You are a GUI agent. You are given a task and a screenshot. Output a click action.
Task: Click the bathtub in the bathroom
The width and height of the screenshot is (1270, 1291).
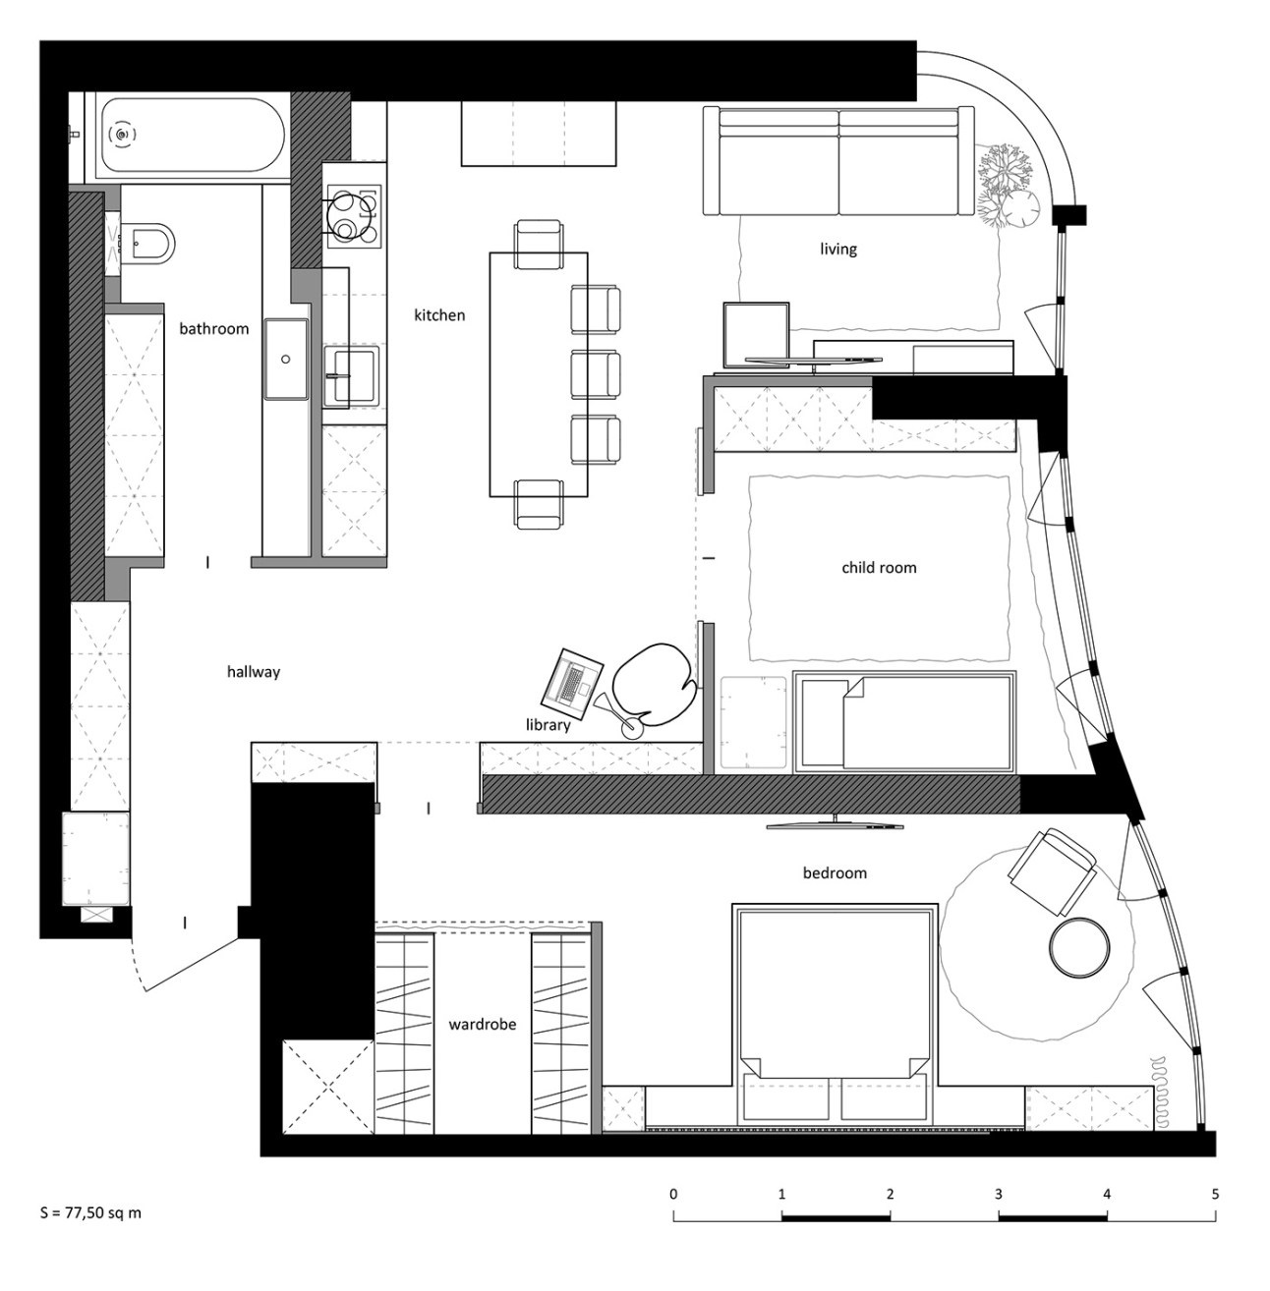[x=193, y=136]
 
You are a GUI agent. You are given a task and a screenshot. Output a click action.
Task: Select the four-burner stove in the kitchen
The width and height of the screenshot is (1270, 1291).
[x=353, y=214]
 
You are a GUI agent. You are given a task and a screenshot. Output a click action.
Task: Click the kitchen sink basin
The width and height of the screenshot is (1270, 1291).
[x=351, y=376]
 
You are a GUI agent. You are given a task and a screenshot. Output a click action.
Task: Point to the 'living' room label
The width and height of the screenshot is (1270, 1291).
[x=838, y=250]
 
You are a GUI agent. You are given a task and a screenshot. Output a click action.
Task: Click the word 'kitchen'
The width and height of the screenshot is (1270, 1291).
[x=439, y=314]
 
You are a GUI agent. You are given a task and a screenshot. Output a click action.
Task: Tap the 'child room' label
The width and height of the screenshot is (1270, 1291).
[x=879, y=568]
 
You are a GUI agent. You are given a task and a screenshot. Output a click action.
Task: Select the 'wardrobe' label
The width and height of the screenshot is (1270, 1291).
[x=482, y=1024]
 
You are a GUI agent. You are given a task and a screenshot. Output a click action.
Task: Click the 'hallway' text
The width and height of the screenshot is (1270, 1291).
[x=253, y=671]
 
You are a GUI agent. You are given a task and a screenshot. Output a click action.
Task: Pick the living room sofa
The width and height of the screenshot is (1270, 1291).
[x=838, y=161]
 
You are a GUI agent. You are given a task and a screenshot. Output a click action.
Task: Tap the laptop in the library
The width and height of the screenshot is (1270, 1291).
[x=572, y=684]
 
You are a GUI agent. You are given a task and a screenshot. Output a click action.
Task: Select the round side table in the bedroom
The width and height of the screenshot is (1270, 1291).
[x=1078, y=948]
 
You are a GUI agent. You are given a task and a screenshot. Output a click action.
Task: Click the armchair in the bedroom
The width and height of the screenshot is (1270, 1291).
[x=1052, y=870]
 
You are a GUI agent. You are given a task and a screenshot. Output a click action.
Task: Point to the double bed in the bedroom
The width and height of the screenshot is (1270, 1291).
[x=834, y=1014]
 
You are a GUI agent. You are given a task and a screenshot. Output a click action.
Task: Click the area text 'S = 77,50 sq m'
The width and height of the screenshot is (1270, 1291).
[x=90, y=1232]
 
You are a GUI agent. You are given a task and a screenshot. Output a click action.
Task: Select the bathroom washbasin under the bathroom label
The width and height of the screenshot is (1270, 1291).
[x=286, y=359]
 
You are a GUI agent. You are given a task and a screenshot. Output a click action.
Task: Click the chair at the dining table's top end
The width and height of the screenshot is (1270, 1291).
[x=539, y=245]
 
